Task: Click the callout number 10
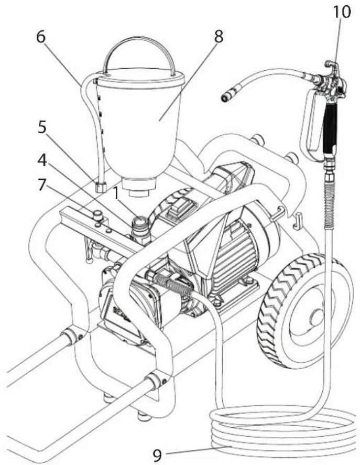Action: click(x=342, y=12)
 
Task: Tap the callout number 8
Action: click(x=219, y=37)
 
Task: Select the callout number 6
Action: click(x=41, y=37)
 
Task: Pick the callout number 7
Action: click(x=41, y=185)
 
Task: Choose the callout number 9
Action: click(x=158, y=455)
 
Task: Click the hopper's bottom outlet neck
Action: click(x=139, y=187)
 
